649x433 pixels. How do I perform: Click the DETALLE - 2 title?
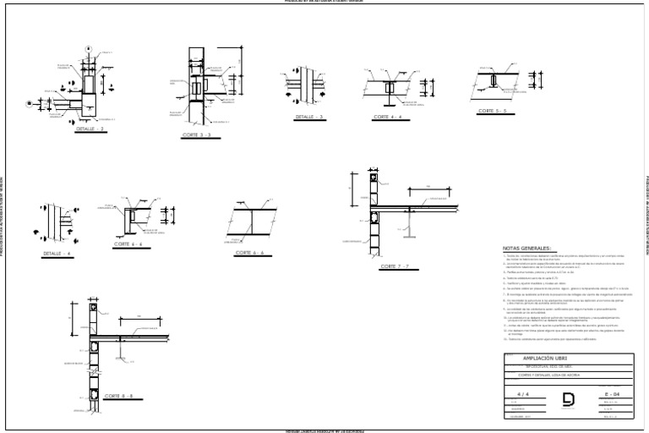coord(90,129)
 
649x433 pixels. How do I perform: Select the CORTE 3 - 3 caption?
coord(196,134)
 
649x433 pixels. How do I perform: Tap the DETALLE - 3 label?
coord(309,117)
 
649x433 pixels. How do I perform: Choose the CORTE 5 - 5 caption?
coord(492,111)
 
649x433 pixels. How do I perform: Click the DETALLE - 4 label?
coord(58,254)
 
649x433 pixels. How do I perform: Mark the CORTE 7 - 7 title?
coord(395,266)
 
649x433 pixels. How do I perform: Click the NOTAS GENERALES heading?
coord(532,249)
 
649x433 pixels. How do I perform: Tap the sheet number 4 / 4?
coord(521,393)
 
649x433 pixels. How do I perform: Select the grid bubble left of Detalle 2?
coord(28,104)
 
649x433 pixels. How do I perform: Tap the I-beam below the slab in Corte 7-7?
coord(410,222)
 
